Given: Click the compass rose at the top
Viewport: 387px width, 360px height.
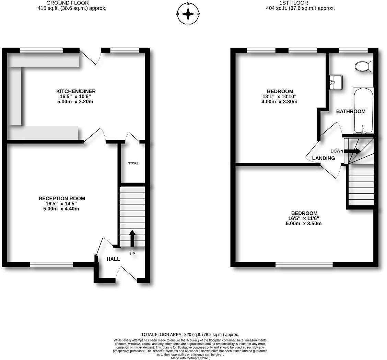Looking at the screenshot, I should pos(188,14).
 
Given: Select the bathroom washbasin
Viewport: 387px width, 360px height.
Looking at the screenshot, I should pos(336,82).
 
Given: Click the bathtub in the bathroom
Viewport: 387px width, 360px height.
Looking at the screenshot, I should pos(363,110).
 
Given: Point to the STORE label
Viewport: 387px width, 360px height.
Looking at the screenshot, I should pos(133,163).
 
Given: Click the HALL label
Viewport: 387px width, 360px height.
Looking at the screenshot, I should pos(113,259).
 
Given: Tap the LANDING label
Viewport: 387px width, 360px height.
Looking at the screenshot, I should pos(323,158).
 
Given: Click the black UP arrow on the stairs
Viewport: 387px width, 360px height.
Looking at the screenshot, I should pos(132,238).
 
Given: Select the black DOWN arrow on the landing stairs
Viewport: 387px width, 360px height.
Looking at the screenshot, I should pos(352,151).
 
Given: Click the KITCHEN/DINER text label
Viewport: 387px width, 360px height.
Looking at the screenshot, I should pos(76,91).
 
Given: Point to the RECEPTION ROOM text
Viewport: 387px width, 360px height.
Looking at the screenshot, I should pos(62,199).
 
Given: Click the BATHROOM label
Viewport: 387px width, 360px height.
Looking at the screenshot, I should pos(351,111).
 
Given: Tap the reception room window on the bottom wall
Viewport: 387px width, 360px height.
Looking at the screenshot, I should pos(51,265).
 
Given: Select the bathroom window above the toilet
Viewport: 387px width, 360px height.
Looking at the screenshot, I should pos(353,50).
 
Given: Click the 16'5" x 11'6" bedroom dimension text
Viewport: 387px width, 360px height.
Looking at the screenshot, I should pos(303,218).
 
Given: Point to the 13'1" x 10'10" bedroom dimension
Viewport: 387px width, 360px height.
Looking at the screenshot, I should pos(279,97).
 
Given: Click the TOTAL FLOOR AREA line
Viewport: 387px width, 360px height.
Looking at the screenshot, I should pos(190,334).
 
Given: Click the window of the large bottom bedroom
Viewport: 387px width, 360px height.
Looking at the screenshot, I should pos(304,265).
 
